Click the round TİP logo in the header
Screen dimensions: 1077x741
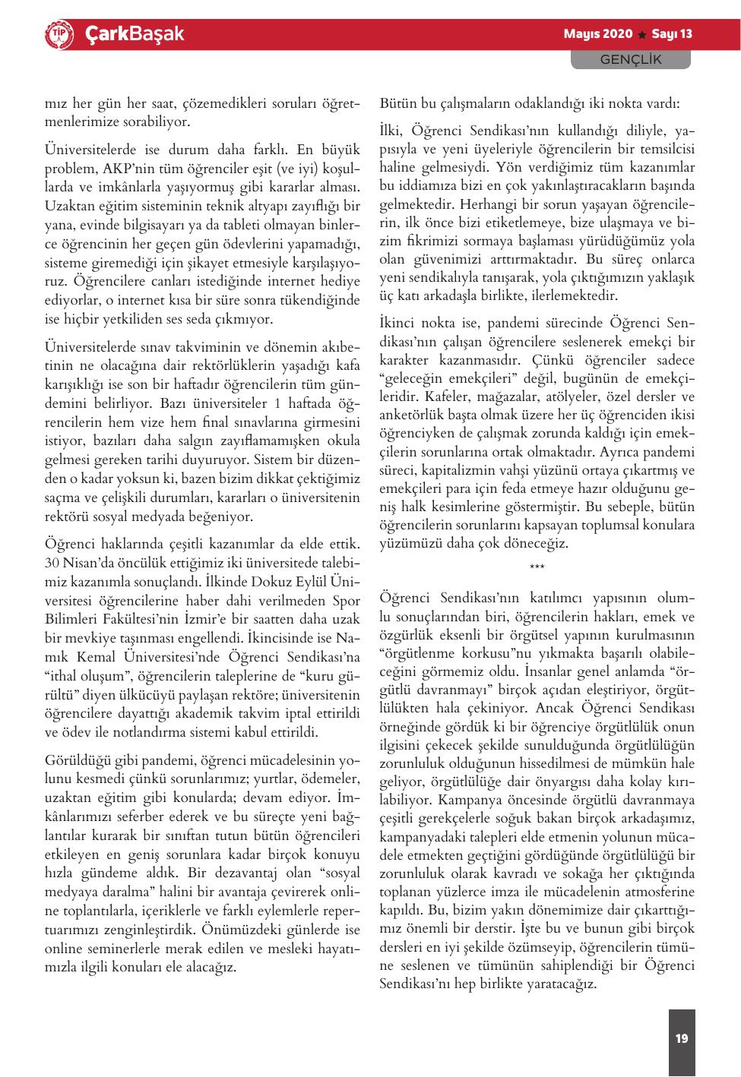[59, 34]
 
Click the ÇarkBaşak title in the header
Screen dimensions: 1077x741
[134, 34]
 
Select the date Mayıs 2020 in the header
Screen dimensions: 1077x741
[597, 34]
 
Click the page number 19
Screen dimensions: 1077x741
[681, 1038]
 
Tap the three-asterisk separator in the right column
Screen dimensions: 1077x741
[537, 568]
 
